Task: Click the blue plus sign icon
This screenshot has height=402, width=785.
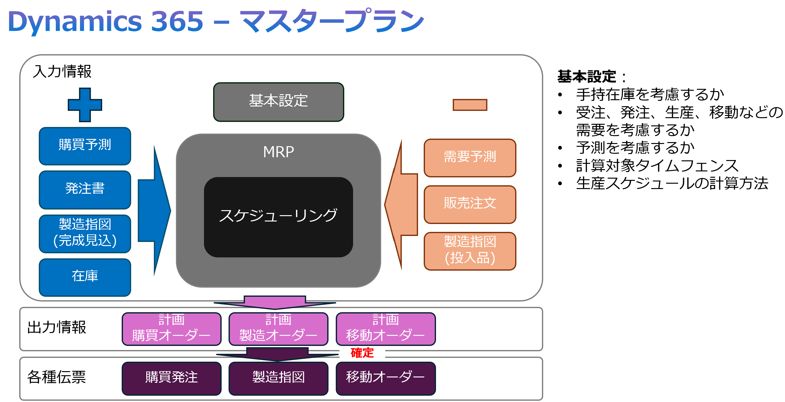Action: click(x=85, y=105)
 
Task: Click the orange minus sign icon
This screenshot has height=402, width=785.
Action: click(x=470, y=105)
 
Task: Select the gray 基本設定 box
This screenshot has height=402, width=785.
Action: click(x=278, y=102)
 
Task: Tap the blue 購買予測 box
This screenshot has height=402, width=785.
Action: click(x=85, y=146)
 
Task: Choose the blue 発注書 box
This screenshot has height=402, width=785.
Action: click(x=85, y=190)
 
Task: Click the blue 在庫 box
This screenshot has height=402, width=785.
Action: click(x=85, y=277)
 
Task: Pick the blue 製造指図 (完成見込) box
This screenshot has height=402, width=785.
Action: click(x=85, y=233)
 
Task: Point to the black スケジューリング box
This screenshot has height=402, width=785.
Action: click(x=278, y=217)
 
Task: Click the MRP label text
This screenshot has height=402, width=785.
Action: click(x=278, y=152)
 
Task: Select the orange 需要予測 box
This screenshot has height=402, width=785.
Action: click(x=470, y=158)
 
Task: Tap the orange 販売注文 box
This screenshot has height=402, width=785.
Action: click(x=470, y=204)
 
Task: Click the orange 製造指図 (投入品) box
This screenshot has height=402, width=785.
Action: click(x=470, y=251)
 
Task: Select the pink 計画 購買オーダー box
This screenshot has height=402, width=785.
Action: click(x=172, y=329)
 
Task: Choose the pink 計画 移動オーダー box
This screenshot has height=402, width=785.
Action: click(x=386, y=329)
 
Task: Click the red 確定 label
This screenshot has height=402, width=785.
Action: click(x=362, y=353)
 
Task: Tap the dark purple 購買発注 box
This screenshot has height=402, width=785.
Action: click(x=172, y=378)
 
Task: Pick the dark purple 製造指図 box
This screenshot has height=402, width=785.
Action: click(x=278, y=378)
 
